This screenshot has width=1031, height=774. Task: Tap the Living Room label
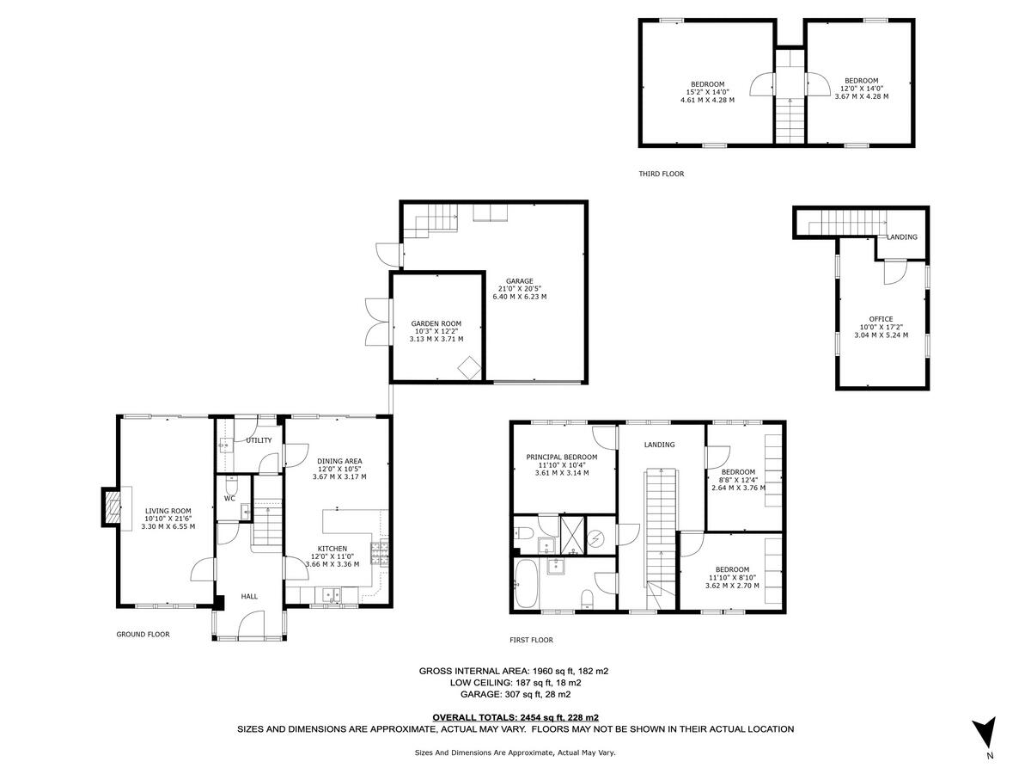168,511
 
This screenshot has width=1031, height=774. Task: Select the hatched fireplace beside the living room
112,507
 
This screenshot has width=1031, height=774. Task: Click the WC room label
229,498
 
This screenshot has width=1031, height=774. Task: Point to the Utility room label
259,440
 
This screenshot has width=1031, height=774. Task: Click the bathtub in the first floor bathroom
526,584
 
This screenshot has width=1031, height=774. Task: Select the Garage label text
519,281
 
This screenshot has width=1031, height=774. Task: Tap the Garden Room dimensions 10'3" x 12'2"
436,331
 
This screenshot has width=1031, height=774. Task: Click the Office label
881,319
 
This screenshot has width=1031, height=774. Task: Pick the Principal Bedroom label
562,457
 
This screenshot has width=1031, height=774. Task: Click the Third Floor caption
661,174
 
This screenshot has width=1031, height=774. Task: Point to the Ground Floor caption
143,635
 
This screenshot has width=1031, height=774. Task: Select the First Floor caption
531,640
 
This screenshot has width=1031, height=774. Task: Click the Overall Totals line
515,717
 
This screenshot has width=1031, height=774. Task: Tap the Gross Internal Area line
514,671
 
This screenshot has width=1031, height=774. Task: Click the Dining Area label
339,461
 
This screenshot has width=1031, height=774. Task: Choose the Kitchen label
332,549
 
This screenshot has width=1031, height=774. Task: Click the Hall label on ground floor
249,596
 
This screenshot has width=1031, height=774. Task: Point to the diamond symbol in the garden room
469,368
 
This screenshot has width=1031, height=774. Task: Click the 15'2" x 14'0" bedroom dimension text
707,92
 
